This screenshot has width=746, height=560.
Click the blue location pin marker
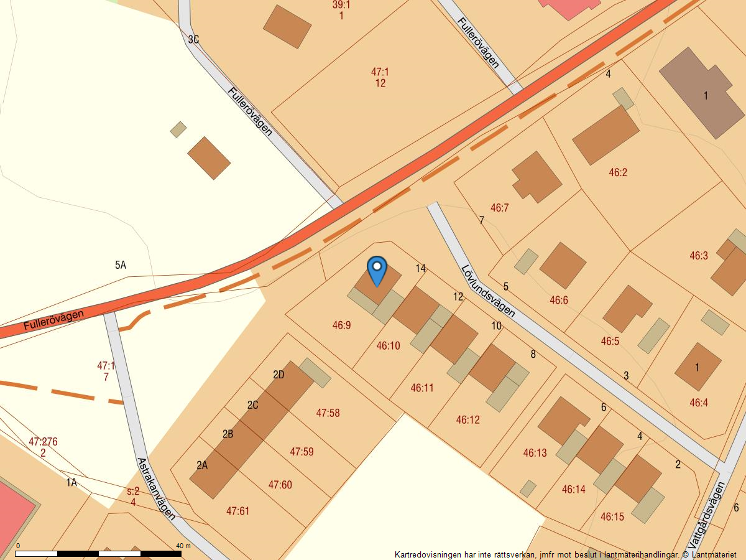(x=377, y=269)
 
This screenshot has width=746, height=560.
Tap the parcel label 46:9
(x=341, y=325)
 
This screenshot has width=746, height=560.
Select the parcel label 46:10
(x=388, y=345)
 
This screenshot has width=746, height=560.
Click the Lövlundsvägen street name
(x=488, y=291)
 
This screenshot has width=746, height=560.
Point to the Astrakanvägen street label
(x=155, y=488)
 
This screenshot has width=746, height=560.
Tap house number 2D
(x=279, y=375)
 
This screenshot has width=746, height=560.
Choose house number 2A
(x=202, y=465)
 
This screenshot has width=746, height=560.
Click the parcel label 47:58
(x=328, y=413)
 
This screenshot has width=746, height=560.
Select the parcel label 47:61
(x=237, y=511)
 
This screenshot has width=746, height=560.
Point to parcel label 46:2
(x=618, y=172)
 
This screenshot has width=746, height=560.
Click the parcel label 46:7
(x=499, y=208)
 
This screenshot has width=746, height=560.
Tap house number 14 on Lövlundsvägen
(x=421, y=268)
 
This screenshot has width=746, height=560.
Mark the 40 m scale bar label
(x=183, y=546)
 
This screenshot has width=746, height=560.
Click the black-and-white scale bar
(x=98, y=553)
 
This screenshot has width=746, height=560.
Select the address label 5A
(x=121, y=265)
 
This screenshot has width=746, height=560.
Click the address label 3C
(x=193, y=40)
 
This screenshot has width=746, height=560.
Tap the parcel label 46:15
(x=612, y=516)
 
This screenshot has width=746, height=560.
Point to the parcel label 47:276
(x=43, y=442)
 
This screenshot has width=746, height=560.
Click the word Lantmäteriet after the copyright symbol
(x=714, y=554)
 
